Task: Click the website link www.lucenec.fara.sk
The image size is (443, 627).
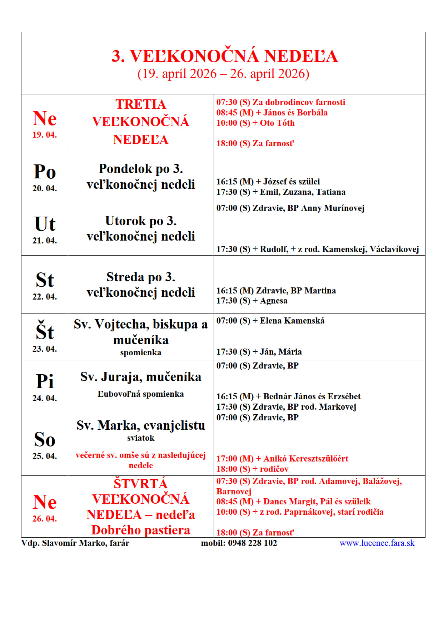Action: tap(377, 543)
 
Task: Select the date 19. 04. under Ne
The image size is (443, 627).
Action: tap(45, 135)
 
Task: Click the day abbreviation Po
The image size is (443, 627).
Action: tap(45, 172)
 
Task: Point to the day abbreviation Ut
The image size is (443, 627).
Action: tap(45, 224)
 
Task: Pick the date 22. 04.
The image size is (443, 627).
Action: tap(45, 297)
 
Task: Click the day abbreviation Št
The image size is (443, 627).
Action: tap(45, 331)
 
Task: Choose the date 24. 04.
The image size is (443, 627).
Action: tap(45, 398)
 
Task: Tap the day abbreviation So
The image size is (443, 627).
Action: tap(45, 439)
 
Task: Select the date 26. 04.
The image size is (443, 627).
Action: tap(45, 519)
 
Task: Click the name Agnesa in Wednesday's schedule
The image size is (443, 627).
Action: tap(273, 301)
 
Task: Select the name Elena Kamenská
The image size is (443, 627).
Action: tap(292, 321)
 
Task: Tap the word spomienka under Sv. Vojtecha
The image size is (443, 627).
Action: tap(141, 352)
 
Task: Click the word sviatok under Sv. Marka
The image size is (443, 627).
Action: tap(141, 438)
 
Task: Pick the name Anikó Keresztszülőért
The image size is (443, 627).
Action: tap(305, 459)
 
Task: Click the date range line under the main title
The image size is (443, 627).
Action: tap(223, 74)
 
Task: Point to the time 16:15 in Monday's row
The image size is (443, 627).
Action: tap(227, 182)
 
